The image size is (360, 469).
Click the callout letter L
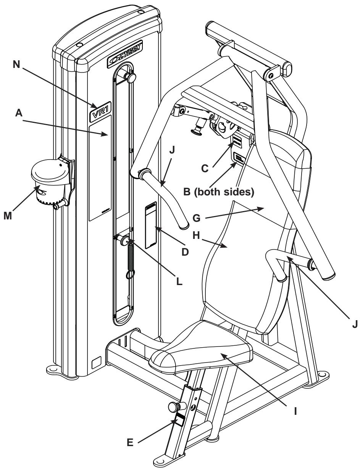180,283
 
